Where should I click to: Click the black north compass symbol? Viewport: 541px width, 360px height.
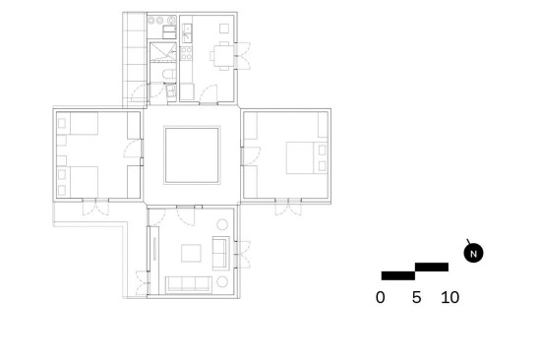pos(473,253)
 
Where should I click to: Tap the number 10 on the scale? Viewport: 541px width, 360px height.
pos(450,297)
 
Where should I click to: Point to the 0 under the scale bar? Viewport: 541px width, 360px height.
pos(381,297)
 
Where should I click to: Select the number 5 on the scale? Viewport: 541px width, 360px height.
pos(416,297)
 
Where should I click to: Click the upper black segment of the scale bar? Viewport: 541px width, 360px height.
pos(432,267)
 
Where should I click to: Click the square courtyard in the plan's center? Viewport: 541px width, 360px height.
pos(192,155)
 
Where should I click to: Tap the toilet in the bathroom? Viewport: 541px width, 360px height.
pos(169,74)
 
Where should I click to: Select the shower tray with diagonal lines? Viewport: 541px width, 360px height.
pos(163,52)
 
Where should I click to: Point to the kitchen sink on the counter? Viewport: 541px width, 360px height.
pos(187,32)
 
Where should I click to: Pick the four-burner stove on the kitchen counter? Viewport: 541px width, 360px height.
pos(186,52)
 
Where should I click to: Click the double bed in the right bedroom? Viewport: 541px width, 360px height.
pos(307,157)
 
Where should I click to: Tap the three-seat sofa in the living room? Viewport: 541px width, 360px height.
pos(189,284)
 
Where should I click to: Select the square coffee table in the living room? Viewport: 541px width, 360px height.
pos(191,253)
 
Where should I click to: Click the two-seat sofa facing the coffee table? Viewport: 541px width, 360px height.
pos(220,254)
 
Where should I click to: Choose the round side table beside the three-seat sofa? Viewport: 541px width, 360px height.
pos(222,281)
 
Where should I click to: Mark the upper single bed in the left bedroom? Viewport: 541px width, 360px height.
pos(78,123)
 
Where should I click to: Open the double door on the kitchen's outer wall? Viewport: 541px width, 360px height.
pos(243,56)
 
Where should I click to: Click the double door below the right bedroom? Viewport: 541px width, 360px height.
pos(288,207)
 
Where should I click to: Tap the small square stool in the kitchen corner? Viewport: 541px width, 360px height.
pos(224,29)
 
